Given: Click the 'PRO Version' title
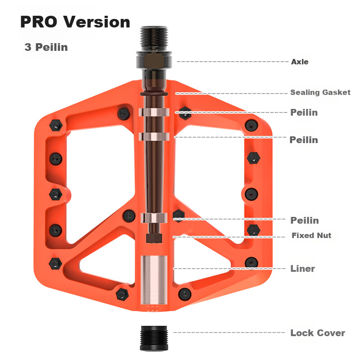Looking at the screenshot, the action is point(75,22).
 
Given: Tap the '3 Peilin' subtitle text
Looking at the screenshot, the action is point(46,47).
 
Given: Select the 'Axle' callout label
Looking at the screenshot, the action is point(300,62).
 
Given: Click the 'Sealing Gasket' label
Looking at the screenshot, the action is point(320,92).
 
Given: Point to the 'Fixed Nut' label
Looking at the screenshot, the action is point(311,235).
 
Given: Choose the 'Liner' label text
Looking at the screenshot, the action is point(302,268).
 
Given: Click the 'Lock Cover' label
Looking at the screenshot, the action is point(318,333).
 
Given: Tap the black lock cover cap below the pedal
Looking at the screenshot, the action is point(154,338).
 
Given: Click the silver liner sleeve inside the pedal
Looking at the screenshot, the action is point(154,280).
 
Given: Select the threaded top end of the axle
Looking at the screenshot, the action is point(154,39).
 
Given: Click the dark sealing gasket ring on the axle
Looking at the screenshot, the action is point(154,94).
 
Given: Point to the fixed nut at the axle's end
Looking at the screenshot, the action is point(154,238).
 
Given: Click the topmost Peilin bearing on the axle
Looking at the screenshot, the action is point(154,112).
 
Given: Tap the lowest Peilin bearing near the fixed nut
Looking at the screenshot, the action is point(154,218).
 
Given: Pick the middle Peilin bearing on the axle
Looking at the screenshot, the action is point(154,137).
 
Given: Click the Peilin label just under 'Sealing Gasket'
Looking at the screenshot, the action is point(304,112).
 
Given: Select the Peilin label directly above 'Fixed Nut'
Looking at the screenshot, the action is point(305,220).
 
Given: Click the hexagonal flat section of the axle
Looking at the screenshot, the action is point(154,60).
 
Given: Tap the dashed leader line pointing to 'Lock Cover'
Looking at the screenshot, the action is point(229,333).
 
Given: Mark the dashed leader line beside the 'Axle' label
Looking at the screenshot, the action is point(232,62).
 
